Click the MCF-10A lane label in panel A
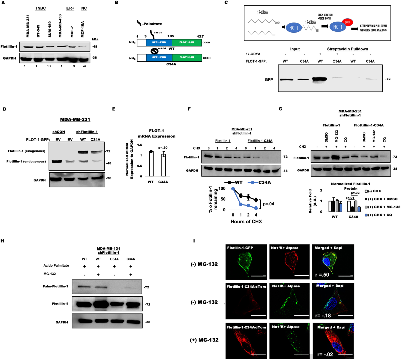(82, 29)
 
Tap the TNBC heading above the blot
(41, 8)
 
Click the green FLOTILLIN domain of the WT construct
(187, 42)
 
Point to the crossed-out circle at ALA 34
(154, 51)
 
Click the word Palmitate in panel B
(153, 24)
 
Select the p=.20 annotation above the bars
(163, 147)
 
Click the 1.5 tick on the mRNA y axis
(140, 145)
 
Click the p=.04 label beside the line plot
(269, 204)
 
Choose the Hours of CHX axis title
(246, 221)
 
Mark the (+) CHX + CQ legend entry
(381, 215)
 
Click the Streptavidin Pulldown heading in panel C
(348, 49)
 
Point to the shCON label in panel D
(59, 132)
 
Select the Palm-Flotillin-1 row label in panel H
(55, 286)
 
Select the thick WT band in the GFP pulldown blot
(320, 80)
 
